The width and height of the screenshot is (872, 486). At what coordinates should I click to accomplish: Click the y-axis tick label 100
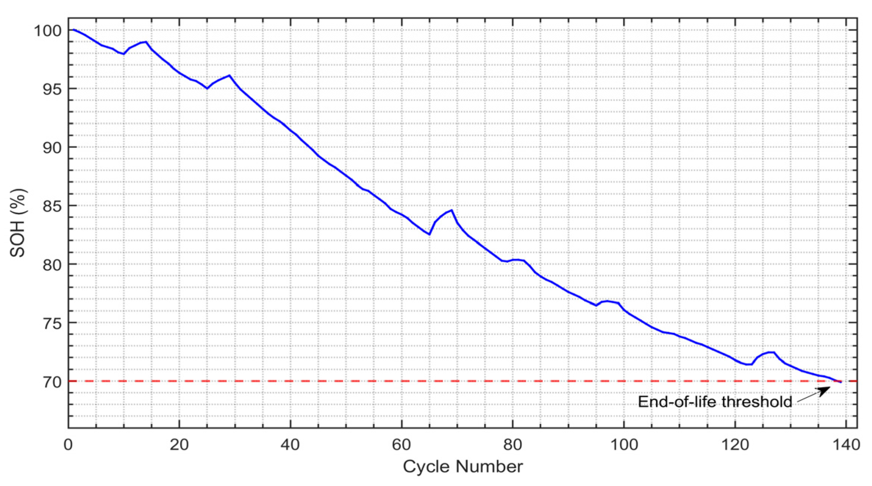click(x=48, y=31)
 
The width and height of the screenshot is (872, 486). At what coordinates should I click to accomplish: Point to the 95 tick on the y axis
click(x=52, y=89)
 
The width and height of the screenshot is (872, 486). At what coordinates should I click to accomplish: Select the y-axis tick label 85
click(x=52, y=206)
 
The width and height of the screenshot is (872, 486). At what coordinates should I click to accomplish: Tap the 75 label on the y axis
click(x=52, y=323)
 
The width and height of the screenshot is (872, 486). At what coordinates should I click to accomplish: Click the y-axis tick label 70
click(x=52, y=382)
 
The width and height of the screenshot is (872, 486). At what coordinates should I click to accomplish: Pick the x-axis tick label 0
click(x=68, y=445)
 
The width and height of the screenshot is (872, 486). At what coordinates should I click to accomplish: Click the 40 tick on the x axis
click(x=290, y=445)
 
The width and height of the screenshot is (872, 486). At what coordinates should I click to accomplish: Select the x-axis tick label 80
click(x=512, y=445)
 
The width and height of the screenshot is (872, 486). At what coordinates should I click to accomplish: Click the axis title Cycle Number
click(x=462, y=467)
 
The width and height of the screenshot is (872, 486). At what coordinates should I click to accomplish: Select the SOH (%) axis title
click(x=18, y=223)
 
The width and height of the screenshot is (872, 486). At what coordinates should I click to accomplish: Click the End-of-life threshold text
click(x=715, y=402)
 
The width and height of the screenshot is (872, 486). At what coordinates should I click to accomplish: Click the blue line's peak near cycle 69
click(x=452, y=210)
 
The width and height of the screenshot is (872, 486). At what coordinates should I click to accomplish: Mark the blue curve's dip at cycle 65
click(x=429, y=235)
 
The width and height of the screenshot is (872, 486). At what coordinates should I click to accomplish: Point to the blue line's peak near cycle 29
click(x=229, y=75)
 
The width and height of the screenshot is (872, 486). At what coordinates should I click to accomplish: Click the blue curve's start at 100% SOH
click(x=74, y=30)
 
